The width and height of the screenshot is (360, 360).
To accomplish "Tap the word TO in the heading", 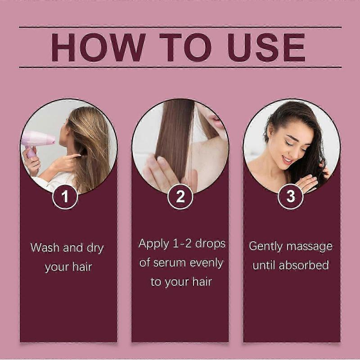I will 185,47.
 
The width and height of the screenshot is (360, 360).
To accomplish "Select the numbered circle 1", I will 65,197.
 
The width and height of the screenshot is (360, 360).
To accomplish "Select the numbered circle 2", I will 180,197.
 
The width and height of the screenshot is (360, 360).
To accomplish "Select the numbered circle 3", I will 290,197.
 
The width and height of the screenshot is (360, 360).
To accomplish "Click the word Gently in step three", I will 265,247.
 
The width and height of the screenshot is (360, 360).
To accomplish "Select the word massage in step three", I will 311,247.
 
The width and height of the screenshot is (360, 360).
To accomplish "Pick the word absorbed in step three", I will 304,265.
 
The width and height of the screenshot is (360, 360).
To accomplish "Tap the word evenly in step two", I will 205,263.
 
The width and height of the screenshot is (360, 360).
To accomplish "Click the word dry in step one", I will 94,248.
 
